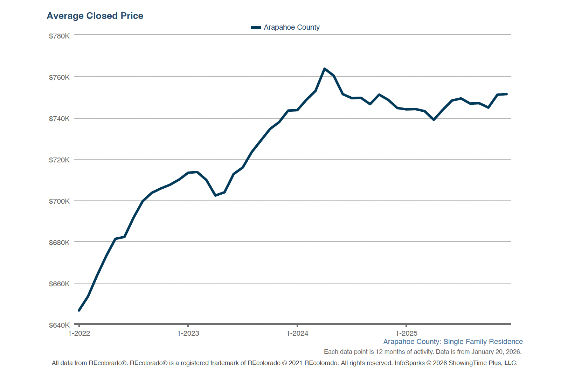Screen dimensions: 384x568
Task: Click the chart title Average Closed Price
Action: (x=95, y=16)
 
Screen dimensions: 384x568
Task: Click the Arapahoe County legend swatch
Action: (x=256, y=27)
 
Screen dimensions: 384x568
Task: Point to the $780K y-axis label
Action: (x=59, y=36)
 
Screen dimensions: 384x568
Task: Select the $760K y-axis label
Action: (x=59, y=77)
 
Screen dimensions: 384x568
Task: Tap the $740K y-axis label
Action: (x=59, y=119)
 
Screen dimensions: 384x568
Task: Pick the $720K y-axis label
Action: (x=59, y=160)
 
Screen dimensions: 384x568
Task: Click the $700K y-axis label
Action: (x=59, y=201)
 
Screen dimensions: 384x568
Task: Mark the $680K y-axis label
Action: (x=59, y=243)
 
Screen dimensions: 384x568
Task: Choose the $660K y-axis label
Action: (x=59, y=284)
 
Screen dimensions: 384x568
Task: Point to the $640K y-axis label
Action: (x=59, y=325)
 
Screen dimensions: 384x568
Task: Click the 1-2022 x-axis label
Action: (x=79, y=333)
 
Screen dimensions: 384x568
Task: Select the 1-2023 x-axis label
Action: (x=188, y=333)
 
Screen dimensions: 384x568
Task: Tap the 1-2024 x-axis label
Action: (x=297, y=333)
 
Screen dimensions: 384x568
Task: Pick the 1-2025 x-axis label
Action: (x=407, y=333)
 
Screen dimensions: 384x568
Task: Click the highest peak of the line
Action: (x=325, y=69)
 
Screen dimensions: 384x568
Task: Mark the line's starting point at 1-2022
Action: (x=79, y=310)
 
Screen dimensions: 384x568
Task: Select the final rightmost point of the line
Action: (x=507, y=94)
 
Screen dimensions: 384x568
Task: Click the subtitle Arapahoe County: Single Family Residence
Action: (x=453, y=342)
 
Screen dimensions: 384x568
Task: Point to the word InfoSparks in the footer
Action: (x=409, y=363)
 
